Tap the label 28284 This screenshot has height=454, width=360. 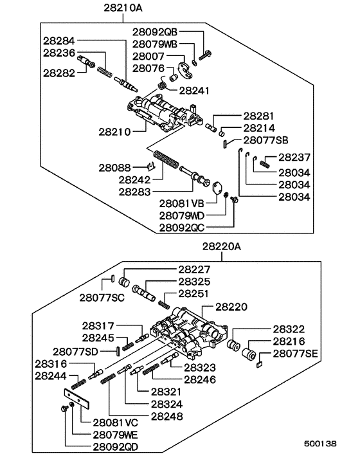(x=59, y=40)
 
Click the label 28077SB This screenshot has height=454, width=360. (x=265, y=140)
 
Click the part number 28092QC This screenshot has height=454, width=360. (x=186, y=227)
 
